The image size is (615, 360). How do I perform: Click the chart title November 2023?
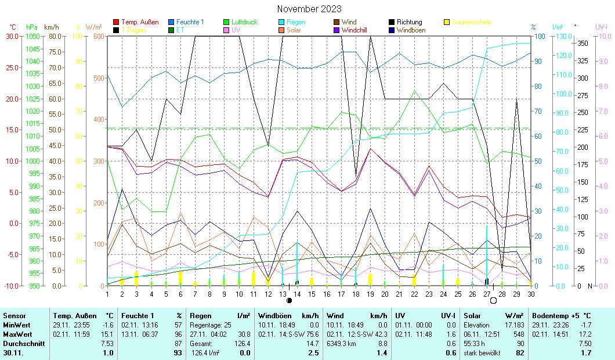tap(309, 9)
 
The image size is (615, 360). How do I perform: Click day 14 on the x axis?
tap(297, 294)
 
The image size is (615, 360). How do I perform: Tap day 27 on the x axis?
tap(487, 294)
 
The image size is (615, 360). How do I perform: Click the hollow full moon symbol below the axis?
tap(493, 301)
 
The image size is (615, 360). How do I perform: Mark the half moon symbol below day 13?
tap(289, 301)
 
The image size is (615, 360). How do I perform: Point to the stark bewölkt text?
tap(481, 352)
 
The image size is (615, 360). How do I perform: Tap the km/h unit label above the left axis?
tap(51, 27)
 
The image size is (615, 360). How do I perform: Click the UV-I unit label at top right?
tap(601, 27)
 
